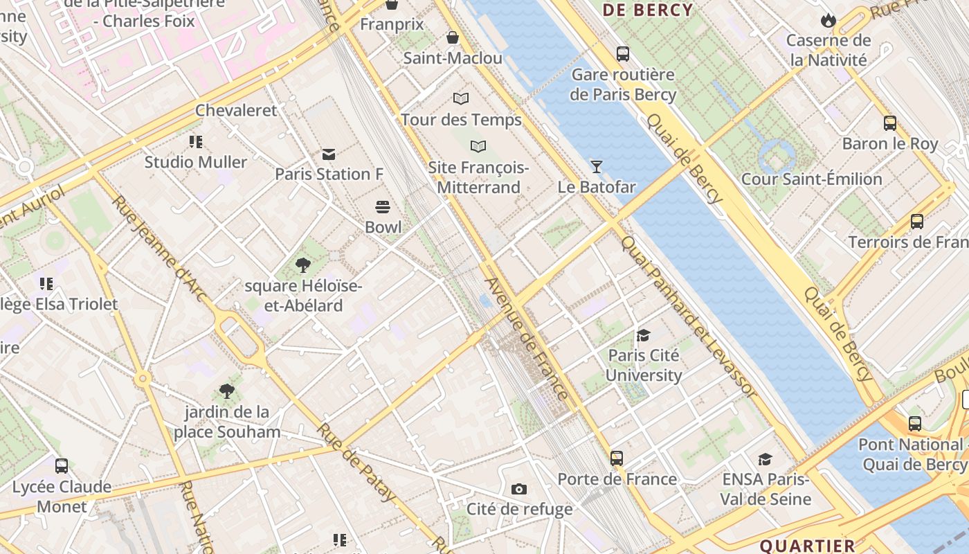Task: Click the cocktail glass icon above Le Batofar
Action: [x=596, y=166]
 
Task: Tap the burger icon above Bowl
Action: [x=383, y=206]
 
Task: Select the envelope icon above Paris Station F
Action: [x=329, y=154]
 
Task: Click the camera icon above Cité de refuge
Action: [x=519, y=490]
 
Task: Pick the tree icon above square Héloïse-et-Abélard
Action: [x=302, y=265]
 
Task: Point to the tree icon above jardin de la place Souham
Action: [x=226, y=391]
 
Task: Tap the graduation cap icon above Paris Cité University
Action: [x=644, y=336]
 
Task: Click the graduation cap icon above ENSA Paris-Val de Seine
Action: [x=765, y=459]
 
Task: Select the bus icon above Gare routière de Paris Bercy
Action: [x=622, y=53]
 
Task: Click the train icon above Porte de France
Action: [x=617, y=458]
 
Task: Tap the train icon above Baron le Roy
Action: [x=890, y=123]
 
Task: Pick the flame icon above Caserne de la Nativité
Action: [x=828, y=20]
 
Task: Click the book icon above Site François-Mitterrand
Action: [x=478, y=147]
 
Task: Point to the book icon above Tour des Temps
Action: [x=461, y=99]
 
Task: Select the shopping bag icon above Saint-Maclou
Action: [x=453, y=37]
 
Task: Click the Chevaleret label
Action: [x=235, y=110]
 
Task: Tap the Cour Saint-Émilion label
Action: [x=811, y=179]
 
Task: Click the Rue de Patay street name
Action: [x=356, y=463]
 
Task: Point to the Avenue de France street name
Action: [x=526, y=339]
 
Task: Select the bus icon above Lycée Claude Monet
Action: [x=62, y=466]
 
